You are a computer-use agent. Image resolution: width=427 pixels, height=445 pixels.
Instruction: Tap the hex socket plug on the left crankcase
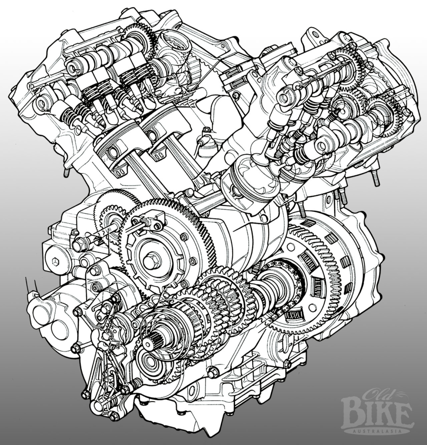pos(55,262)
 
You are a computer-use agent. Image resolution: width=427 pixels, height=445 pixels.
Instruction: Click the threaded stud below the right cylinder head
pos(375,178)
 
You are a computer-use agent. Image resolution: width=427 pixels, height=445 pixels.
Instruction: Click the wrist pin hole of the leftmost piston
pos(112,153)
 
